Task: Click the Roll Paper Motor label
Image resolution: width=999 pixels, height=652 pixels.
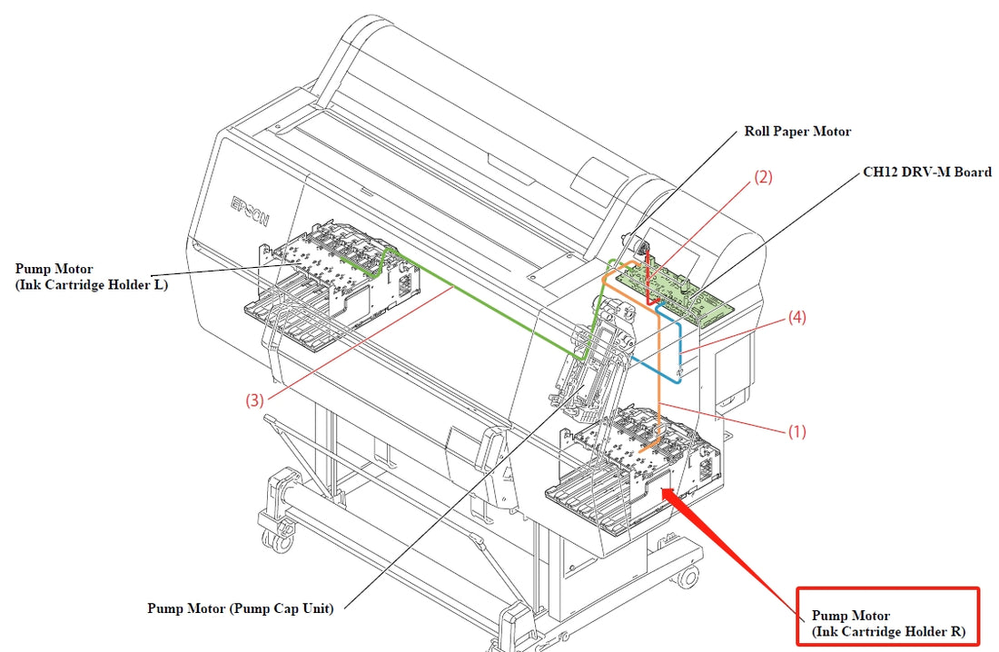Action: (x=797, y=132)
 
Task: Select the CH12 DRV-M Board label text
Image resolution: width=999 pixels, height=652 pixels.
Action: (x=926, y=172)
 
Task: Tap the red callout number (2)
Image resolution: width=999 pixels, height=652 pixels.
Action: (x=763, y=178)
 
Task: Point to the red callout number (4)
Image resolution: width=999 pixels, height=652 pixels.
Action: (x=796, y=318)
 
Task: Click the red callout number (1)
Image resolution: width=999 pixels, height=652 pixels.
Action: (x=796, y=432)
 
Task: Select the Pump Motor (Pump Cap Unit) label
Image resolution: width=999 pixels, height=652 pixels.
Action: (x=240, y=608)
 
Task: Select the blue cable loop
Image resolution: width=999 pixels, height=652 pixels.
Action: (x=668, y=359)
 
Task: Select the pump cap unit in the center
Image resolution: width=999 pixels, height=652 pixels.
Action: (x=595, y=363)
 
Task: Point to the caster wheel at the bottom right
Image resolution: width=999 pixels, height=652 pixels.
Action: (x=687, y=577)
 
